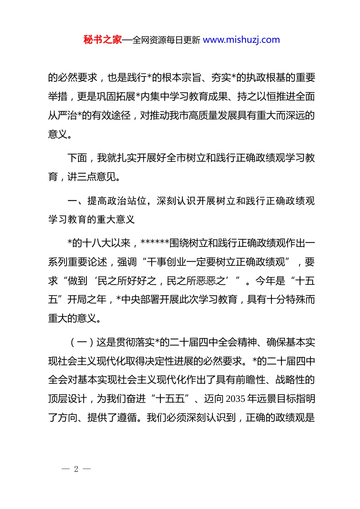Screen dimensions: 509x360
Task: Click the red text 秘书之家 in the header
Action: (102, 40)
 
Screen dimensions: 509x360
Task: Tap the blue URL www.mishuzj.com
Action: (241, 40)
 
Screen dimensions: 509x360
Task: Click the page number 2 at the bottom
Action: (76, 469)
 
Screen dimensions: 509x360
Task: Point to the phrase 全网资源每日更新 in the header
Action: (166, 40)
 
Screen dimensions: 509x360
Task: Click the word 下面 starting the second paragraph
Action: (77, 158)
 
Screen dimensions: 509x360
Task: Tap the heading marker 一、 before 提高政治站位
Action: (77, 201)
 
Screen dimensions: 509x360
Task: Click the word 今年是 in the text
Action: (270, 281)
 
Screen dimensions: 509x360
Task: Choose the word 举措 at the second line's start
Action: (58, 97)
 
